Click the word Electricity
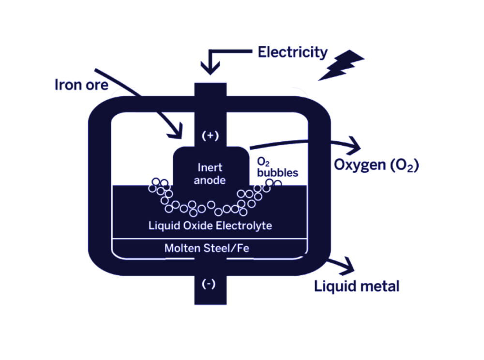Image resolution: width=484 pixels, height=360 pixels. (x=292, y=52)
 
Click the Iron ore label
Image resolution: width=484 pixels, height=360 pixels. (x=81, y=85)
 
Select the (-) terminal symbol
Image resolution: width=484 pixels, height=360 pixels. (x=209, y=284)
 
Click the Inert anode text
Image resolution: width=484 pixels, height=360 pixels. (x=210, y=174)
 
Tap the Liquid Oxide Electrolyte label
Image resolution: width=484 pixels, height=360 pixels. (x=210, y=225)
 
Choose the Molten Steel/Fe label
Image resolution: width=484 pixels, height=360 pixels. (x=207, y=248)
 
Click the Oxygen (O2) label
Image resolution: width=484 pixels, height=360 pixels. (x=376, y=165)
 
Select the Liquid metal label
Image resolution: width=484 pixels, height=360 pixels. (x=357, y=286)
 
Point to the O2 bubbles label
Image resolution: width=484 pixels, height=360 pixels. (x=277, y=167)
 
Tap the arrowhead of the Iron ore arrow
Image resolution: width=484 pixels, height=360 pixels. (x=177, y=132)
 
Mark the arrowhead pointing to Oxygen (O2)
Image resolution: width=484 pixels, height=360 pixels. (x=353, y=146)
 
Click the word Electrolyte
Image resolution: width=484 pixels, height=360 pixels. (x=243, y=225)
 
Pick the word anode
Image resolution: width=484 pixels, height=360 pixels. (x=210, y=180)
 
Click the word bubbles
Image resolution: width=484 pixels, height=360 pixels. (x=277, y=172)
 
